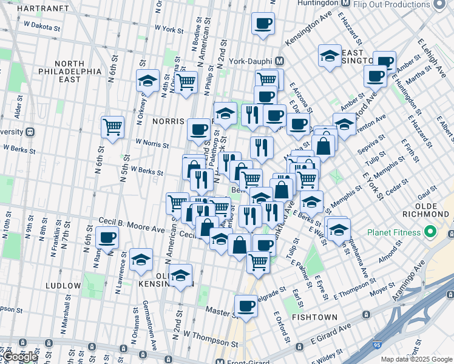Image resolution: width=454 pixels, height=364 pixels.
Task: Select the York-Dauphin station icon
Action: pyautogui.click(x=280, y=61)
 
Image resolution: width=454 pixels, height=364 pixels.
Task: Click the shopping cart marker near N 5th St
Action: pyautogui.click(x=112, y=127)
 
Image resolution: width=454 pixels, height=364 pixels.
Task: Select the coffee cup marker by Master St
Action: pyautogui.click(x=246, y=305)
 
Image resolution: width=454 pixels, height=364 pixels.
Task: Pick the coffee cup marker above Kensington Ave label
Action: pyautogui.click(x=263, y=24)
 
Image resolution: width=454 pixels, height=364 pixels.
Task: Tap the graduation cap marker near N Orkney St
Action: pyautogui.click(x=147, y=80)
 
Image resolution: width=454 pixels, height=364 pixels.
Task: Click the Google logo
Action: pyautogui.click(x=21, y=356)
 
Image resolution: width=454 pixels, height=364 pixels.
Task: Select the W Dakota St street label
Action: pyautogui.click(x=42, y=26)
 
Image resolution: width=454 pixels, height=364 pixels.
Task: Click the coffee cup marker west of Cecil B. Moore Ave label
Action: pyautogui.click(x=107, y=237)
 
